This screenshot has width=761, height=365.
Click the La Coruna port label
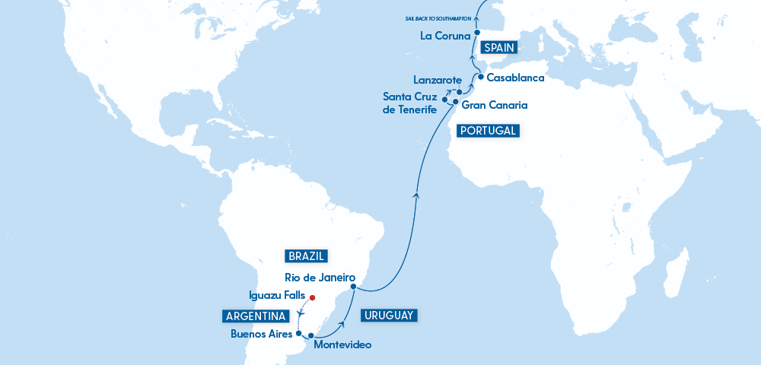[444, 35]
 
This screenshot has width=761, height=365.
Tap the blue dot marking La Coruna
[476, 33]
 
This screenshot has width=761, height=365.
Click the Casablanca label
[516, 78]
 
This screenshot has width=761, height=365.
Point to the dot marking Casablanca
[481, 76]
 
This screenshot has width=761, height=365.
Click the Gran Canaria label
[495, 105]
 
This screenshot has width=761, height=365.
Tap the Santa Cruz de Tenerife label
[409, 103]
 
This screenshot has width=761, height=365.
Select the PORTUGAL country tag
[487, 131]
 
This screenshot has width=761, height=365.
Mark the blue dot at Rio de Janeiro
[353, 287]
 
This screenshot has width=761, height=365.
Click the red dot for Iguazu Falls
[312, 297]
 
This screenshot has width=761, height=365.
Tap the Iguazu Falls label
[278, 296]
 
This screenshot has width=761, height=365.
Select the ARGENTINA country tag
[256, 316]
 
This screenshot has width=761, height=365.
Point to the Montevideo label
[342, 345]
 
